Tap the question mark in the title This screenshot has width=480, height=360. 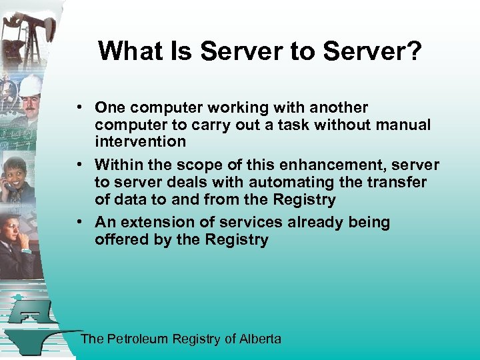tap(414, 51)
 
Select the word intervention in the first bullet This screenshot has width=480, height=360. tap(140, 141)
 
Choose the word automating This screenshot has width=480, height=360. tap(289, 182)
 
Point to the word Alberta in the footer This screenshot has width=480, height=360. tap(260, 339)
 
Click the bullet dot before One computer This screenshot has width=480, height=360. tap(79, 107)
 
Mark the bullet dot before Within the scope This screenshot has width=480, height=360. tap(79, 165)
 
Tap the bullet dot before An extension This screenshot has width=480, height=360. tap(79, 222)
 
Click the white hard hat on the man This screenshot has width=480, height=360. tap(31, 85)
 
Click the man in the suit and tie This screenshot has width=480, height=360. tap(17, 243)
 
